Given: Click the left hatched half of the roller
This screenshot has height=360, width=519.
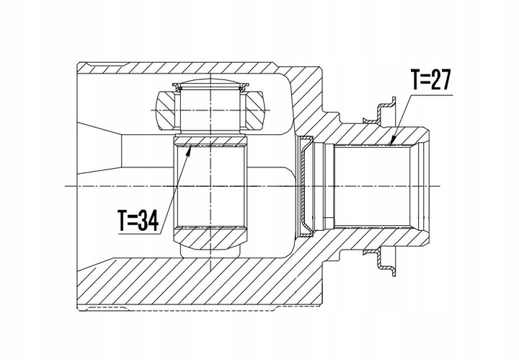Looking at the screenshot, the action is pos(167,107).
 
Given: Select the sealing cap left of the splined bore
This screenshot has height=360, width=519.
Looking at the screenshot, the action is pos(308,185).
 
